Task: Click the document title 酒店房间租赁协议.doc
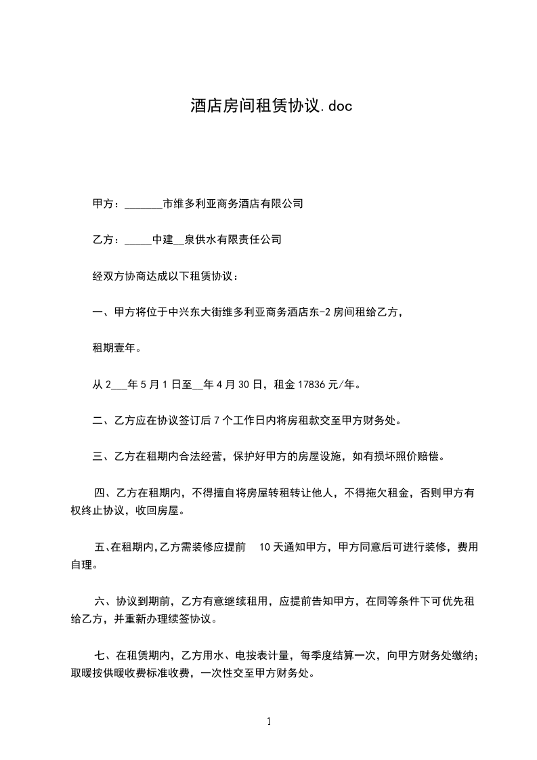[x=271, y=106]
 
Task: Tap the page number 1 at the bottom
[x=269, y=721]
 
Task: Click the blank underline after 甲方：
[x=144, y=205]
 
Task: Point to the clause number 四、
[x=105, y=492]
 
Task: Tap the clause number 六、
[x=105, y=601]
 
